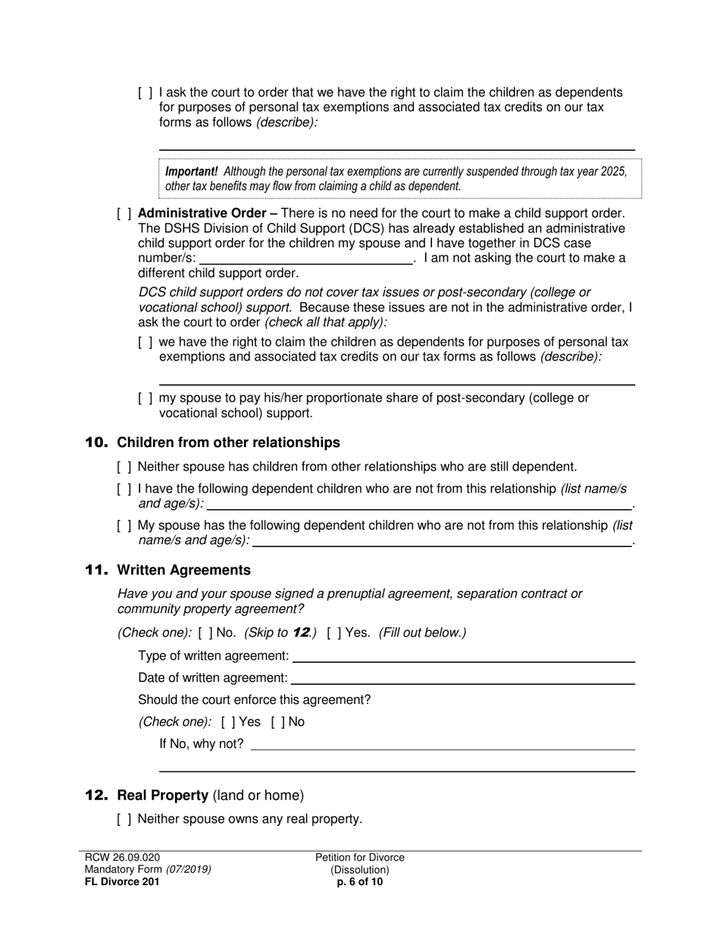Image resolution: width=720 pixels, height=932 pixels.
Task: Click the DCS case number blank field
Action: (x=305, y=258)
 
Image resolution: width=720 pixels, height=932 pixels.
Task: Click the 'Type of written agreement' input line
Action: (x=463, y=656)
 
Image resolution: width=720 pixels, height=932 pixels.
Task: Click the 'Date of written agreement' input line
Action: (x=462, y=678)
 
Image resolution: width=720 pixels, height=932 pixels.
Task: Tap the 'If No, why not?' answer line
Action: (x=443, y=744)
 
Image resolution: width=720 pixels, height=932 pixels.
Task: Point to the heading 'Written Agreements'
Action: (x=183, y=570)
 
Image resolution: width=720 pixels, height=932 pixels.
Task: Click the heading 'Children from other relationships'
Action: (x=228, y=443)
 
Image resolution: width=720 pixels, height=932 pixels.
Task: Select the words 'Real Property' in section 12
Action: (x=162, y=796)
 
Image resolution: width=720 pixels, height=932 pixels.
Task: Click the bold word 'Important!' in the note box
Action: (x=192, y=171)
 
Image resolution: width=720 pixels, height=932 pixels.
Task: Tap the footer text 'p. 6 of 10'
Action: (x=360, y=882)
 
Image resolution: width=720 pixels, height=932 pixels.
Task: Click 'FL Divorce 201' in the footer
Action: (x=122, y=882)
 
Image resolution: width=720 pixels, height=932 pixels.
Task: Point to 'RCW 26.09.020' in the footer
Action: (x=122, y=858)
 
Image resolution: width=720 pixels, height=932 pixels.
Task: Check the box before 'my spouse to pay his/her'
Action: (x=146, y=399)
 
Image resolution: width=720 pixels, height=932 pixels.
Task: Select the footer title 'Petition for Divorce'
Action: (x=360, y=858)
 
